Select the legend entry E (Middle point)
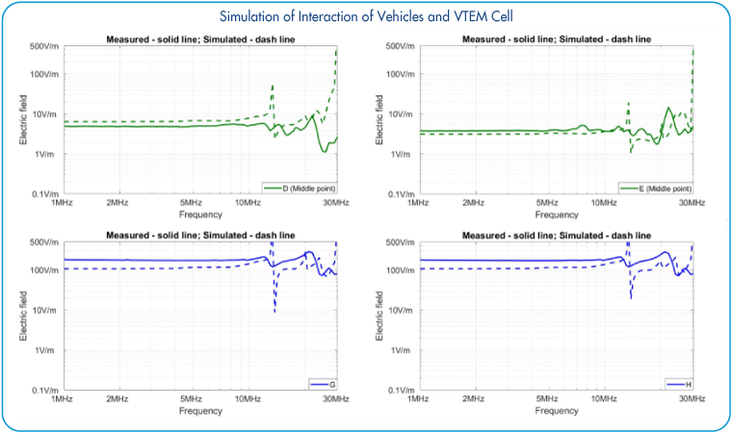(661, 187)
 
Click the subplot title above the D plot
(199, 38)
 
